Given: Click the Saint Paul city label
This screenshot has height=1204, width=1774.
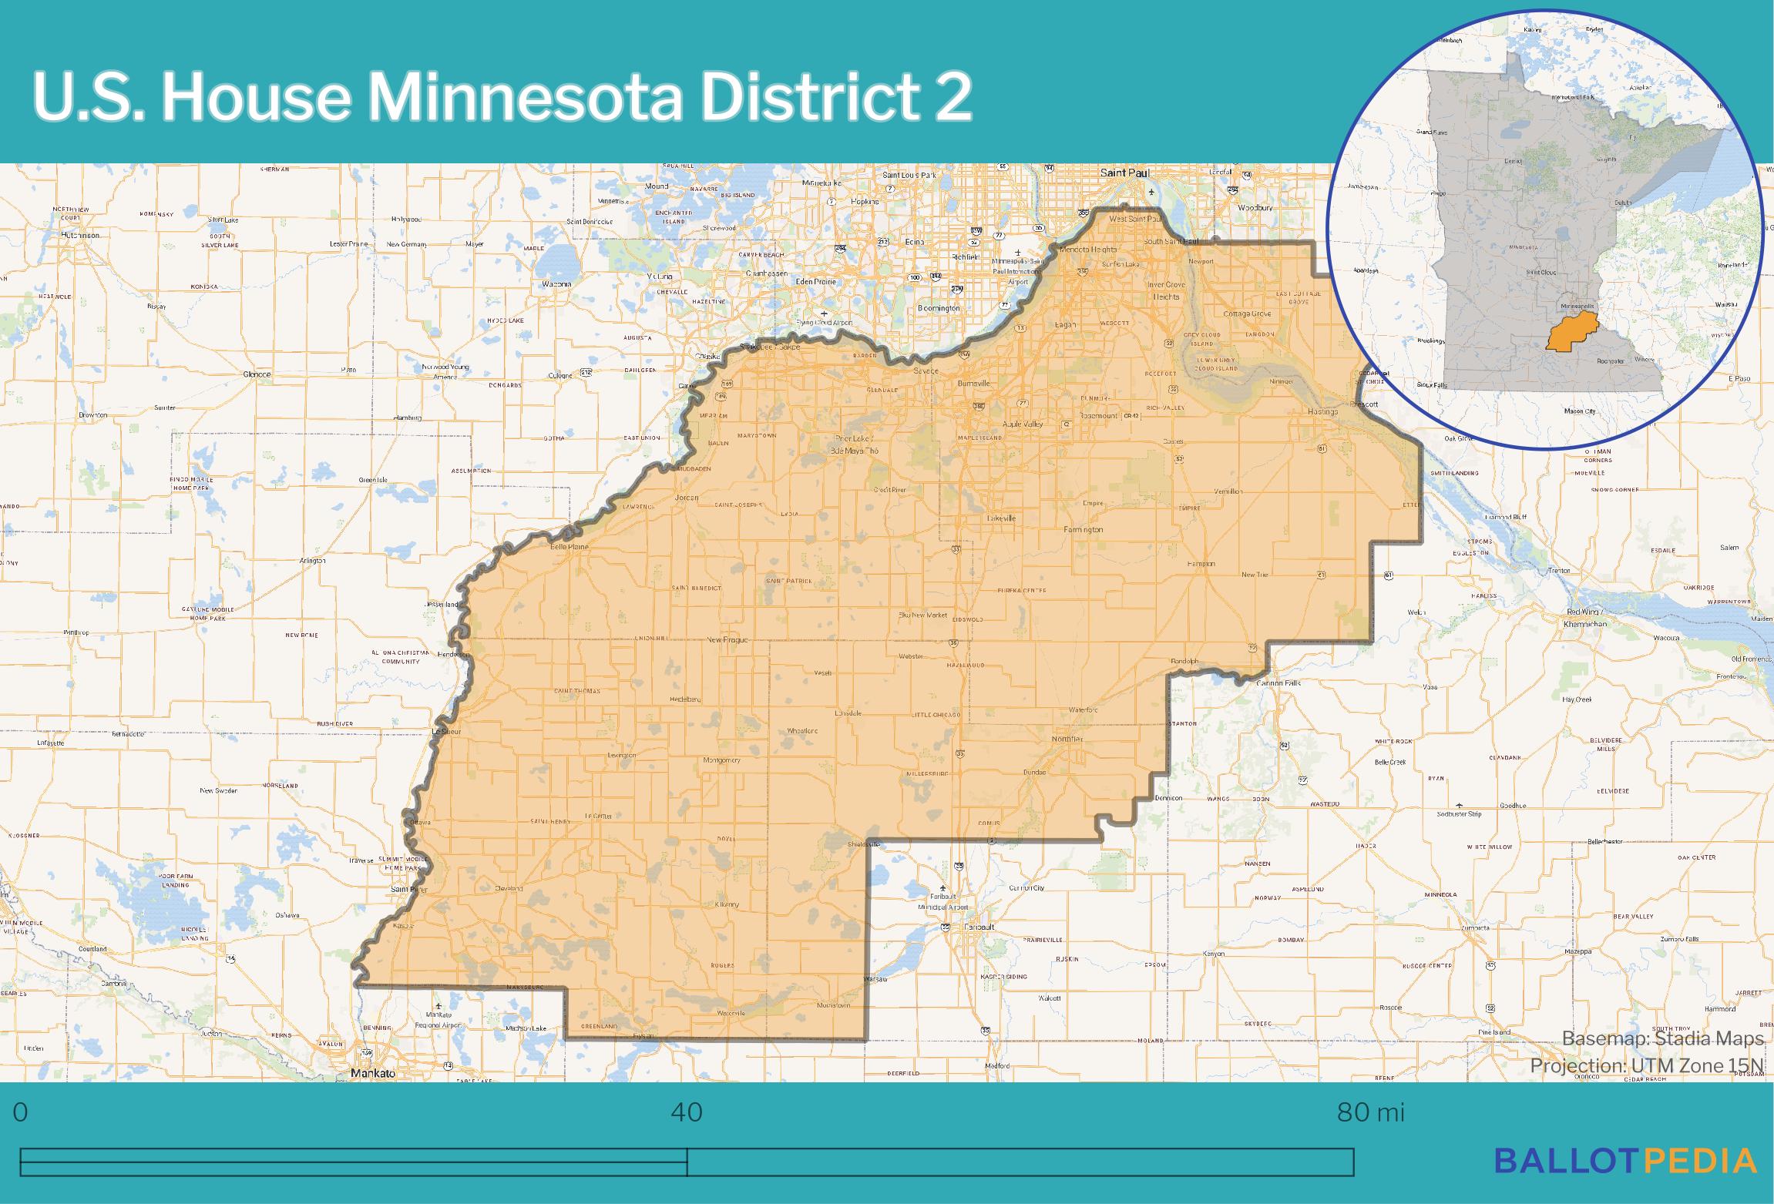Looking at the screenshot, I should (x=1124, y=173).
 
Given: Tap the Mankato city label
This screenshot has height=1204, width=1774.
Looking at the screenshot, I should (x=372, y=1073).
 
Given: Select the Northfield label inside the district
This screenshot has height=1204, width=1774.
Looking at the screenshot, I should (x=1067, y=739).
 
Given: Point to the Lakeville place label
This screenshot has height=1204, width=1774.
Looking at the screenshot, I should (x=1002, y=518).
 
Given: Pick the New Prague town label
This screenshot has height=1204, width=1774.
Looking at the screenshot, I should (x=727, y=640).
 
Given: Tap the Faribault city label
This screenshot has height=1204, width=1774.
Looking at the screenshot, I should (x=979, y=927).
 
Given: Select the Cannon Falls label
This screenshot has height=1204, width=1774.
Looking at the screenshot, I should (x=1278, y=683).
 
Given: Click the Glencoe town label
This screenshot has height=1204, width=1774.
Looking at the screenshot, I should (x=257, y=374).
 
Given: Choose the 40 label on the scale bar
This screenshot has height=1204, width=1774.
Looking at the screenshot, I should (x=687, y=1112).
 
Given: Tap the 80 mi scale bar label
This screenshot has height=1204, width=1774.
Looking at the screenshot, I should (x=1370, y=1112).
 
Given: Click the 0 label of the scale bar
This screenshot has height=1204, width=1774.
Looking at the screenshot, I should (x=21, y=1112).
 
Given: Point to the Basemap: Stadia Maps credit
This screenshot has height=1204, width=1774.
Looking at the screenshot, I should (x=1662, y=1039).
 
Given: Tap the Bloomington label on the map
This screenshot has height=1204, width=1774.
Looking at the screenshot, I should (x=939, y=308).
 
